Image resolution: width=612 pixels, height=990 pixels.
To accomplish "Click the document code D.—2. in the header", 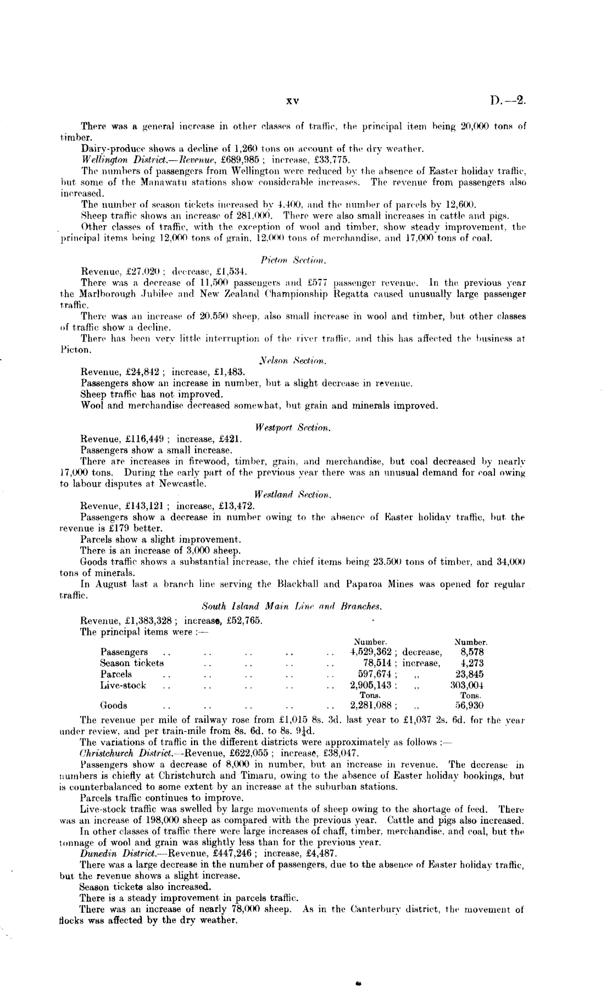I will pos(509,101).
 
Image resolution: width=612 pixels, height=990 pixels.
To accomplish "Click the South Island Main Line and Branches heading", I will pos(292,607).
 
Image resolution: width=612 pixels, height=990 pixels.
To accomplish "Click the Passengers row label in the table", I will pos(124,652).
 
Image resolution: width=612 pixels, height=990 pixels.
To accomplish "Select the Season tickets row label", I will pos(132,663).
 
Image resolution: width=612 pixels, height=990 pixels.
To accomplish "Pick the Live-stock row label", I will pos(123,685).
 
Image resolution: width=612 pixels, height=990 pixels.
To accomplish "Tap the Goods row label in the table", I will pos(114,706).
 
